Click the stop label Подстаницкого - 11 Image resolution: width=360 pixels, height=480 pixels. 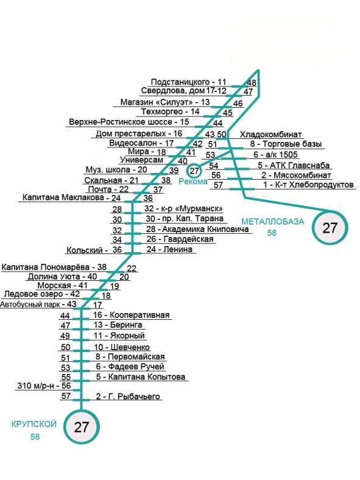(x=189, y=82)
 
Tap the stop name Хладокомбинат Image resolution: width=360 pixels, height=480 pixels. (x=271, y=135)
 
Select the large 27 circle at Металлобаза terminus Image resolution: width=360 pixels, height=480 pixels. (x=330, y=228)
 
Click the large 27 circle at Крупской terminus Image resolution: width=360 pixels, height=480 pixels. (x=82, y=426)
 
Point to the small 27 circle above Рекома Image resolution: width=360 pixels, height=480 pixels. (x=194, y=171)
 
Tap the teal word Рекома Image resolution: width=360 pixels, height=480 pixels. (x=193, y=182)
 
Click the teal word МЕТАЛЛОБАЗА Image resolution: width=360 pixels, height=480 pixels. (x=273, y=221)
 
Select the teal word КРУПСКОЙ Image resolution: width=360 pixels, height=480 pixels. (x=34, y=424)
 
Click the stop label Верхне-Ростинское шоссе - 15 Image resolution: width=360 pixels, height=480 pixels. (x=129, y=122)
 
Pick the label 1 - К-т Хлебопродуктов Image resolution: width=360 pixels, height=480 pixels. (x=308, y=185)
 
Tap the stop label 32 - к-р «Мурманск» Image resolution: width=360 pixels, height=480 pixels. (x=184, y=209)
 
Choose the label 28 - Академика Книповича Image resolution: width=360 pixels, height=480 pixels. (x=197, y=229)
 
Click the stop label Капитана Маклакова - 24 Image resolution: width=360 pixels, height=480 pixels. (x=72, y=198)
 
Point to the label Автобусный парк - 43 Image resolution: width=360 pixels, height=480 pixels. (x=38, y=305)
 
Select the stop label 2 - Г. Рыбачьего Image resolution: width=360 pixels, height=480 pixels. (x=128, y=396)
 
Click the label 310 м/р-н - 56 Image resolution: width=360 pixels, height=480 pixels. (x=44, y=386)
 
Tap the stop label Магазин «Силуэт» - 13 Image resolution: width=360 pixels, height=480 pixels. (x=165, y=102)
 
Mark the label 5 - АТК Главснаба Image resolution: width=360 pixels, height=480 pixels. (x=294, y=165)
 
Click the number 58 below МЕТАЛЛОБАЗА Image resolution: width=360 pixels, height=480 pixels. (x=272, y=233)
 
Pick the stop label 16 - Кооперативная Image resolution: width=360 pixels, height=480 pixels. (x=132, y=315)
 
